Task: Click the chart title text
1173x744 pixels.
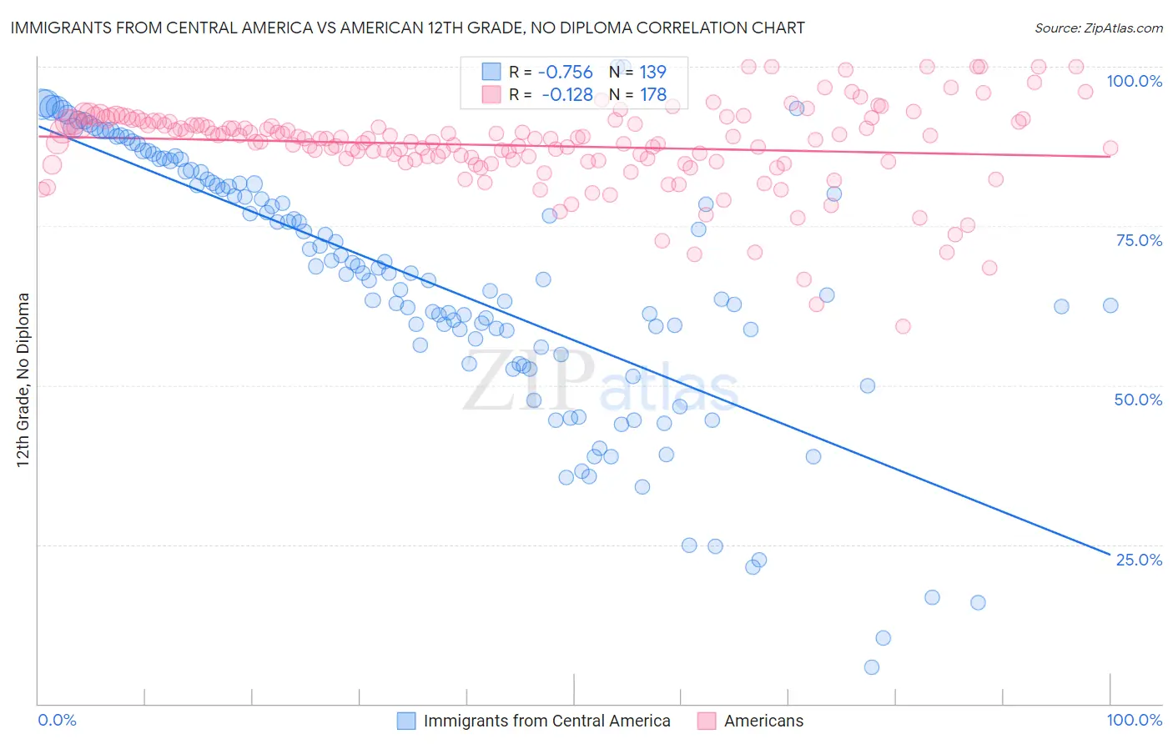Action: (407, 28)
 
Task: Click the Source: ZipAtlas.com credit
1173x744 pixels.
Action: (1098, 28)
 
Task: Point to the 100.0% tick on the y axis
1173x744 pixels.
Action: (1134, 81)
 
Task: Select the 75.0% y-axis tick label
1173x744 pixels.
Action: (1139, 240)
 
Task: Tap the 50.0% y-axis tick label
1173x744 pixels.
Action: (1138, 400)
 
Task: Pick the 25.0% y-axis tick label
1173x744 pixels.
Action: (1139, 559)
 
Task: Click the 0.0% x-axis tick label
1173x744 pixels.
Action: (57, 720)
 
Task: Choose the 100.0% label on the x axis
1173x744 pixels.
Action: (1134, 720)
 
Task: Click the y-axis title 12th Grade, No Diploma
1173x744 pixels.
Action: (23, 380)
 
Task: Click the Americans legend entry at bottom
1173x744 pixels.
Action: (763, 721)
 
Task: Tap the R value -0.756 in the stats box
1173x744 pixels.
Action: (566, 72)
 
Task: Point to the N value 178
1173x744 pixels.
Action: (653, 94)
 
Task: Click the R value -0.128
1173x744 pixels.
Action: (566, 94)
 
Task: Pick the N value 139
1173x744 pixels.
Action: (653, 72)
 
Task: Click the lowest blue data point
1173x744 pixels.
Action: (872, 667)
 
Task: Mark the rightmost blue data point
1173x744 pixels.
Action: (1110, 305)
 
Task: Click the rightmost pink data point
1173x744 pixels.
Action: (1110, 148)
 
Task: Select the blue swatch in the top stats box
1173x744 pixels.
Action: (491, 72)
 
